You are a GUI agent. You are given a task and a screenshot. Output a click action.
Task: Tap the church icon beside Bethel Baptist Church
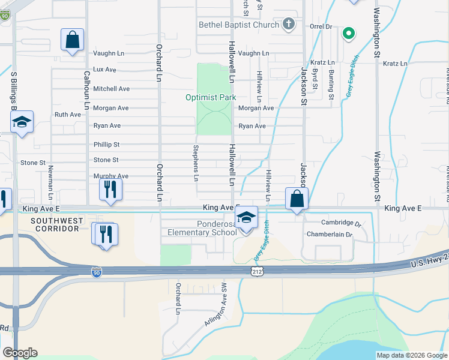tap(288, 25)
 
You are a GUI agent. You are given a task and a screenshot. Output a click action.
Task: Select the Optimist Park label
tap(210, 97)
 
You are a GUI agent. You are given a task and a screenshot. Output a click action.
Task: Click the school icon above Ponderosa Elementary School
tap(246, 218)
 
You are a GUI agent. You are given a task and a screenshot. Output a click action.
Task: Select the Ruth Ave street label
tap(67, 114)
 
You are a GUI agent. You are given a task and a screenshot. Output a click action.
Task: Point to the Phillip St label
tap(107, 145)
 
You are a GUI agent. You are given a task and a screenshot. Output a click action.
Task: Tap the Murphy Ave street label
tap(110, 176)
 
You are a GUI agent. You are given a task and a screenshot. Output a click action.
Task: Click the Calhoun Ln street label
tap(86, 89)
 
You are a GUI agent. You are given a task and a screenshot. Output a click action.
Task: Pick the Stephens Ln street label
tap(196, 162)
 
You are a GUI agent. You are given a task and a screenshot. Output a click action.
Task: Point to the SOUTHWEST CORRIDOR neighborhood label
tap(58, 225)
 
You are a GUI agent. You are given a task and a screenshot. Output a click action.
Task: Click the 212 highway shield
tap(256, 272)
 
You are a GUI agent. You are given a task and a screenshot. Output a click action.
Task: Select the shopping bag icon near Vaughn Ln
tap(72, 41)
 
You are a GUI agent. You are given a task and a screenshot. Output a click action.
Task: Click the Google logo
tap(20, 353)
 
